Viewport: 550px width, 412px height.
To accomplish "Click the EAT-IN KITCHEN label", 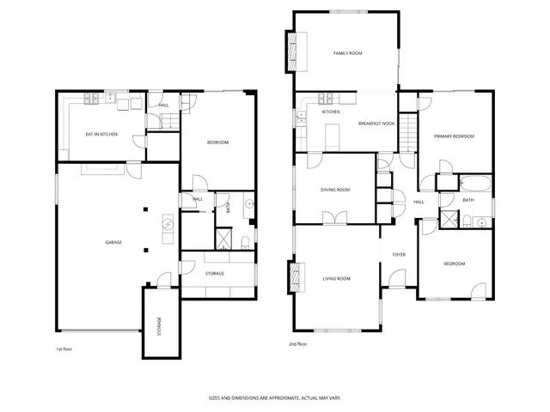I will coord(102,134).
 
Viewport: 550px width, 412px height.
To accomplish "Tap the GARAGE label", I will coord(113,242).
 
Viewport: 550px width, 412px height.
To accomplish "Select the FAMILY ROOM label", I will coord(348,53).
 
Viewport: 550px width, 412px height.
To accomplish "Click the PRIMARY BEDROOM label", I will coord(453,136).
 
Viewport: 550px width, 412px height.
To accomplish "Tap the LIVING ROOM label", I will coord(336,278).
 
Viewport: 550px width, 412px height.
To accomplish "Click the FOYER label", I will coord(399,255).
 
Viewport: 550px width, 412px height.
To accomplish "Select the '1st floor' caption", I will coord(64,349).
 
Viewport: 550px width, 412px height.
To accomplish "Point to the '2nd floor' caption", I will coord(298,343).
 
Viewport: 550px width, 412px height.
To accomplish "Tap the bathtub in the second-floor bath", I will coord(475,183).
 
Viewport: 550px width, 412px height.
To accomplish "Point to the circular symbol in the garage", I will coord(168,225).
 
